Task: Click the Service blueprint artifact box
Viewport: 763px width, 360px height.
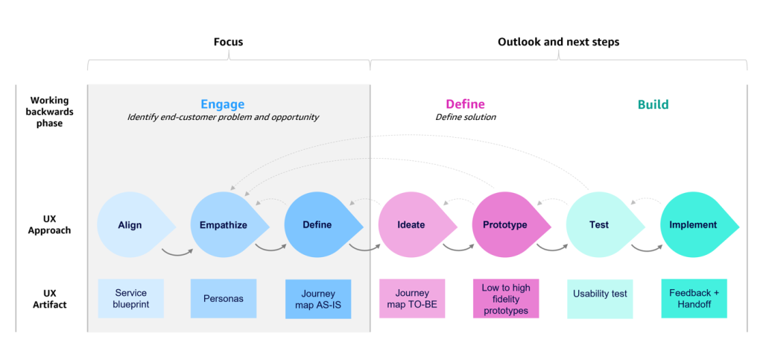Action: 130,298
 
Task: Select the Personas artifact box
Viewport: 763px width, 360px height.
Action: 224,298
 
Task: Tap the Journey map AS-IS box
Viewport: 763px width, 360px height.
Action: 318,299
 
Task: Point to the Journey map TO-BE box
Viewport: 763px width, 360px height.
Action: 412,298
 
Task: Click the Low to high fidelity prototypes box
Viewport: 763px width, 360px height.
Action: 506,299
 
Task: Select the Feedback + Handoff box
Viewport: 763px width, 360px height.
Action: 694,298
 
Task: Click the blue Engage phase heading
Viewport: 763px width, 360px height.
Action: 222,104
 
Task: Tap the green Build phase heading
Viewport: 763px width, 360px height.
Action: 653,104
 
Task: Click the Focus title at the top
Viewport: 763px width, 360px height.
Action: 228,42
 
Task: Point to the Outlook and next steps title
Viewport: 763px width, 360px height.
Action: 558,42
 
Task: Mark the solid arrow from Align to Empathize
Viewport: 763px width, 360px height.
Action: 177,252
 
